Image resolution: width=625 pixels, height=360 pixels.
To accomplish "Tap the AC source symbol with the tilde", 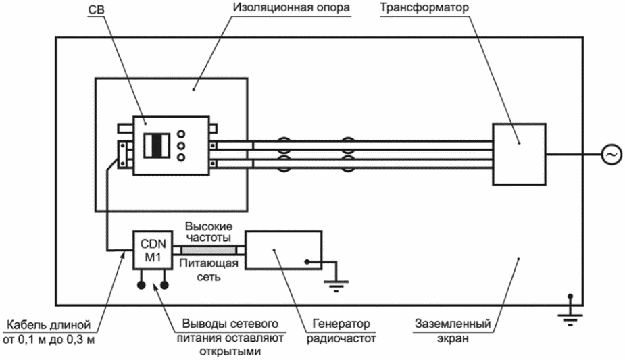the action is point(611,155).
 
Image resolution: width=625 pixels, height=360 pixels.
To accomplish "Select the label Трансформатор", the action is point(424,7).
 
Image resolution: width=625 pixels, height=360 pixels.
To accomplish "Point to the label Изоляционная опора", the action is point(291,7).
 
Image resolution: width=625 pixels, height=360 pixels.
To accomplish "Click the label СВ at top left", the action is point(96,9).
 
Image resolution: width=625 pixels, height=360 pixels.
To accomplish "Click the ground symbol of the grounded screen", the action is point(570,317).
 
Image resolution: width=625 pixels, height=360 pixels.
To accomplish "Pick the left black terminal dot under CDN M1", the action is point(141,285).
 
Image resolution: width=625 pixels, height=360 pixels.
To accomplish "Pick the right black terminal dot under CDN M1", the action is point(164,285).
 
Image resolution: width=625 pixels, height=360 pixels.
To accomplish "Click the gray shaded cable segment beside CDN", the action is point(209,250).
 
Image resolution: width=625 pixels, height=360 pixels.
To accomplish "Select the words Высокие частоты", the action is point(209,232).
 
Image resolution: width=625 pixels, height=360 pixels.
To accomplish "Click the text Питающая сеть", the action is point(209,269).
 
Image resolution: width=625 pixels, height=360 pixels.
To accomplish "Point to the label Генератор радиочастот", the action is point(341,331).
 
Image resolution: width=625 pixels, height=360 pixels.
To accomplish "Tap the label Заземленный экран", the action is point(453,330).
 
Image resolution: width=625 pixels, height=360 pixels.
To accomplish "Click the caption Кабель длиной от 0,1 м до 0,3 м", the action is point(49,332).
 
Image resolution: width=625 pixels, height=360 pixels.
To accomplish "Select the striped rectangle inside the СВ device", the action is point(157,146).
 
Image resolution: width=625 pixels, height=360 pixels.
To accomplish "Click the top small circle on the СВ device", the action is point(181,134).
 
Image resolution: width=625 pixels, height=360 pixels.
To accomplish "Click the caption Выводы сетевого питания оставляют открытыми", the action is point(230,338).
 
